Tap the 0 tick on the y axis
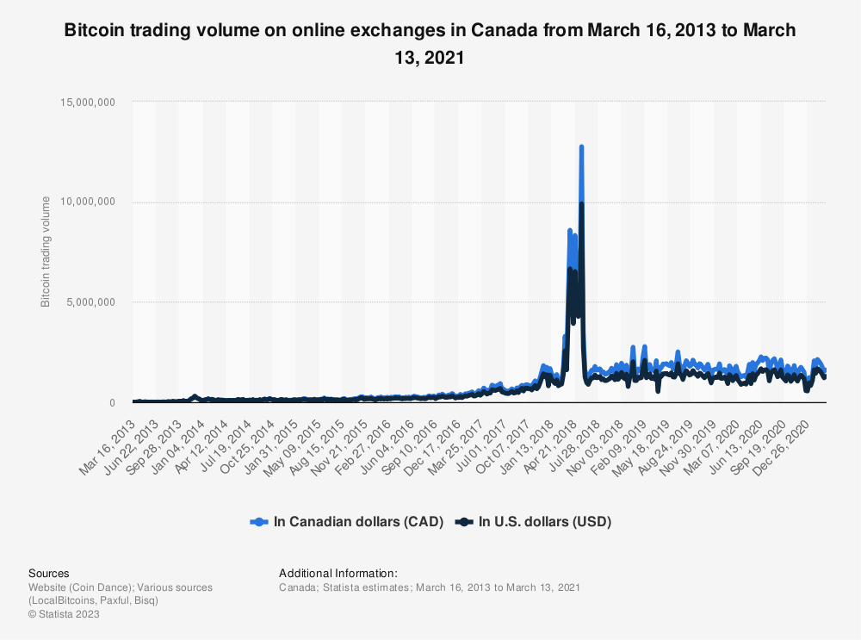pyautogui.click(x=113, y=403)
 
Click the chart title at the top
pyautogui.click(x=430, y=44)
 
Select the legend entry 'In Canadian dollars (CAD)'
pyautogui.click(x=346, y=521)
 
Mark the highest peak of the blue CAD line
pyautogui.click(x=582, y=146)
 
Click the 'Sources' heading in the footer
pyautogui.click(x=49, y=573)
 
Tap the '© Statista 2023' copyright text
pyautogui.click(x=65, y=614)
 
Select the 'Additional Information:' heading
pyautogui.click(x=338, y=573)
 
